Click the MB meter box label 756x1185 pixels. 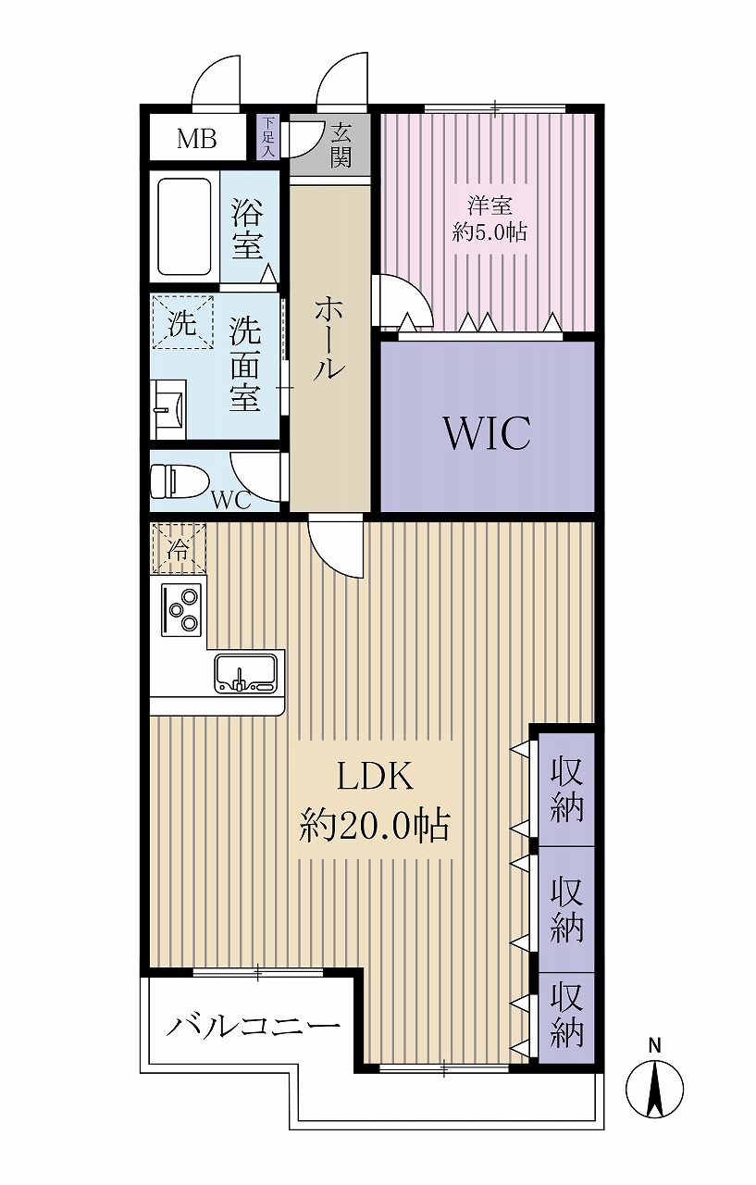(197, 139)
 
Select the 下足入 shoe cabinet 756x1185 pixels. (268, 137)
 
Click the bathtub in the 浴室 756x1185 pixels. (186, 227)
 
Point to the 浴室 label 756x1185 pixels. (247, 230)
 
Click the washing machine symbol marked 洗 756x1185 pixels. (182, 323)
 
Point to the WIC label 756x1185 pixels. (487, 432)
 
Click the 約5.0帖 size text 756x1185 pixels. (490, 232)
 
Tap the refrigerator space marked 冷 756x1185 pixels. (177, 548)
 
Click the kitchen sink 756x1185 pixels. (245, 673)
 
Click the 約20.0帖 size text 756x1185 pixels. (374, 824)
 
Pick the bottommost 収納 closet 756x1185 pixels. (566, 1016)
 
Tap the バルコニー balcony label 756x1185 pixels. (253, 1027)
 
